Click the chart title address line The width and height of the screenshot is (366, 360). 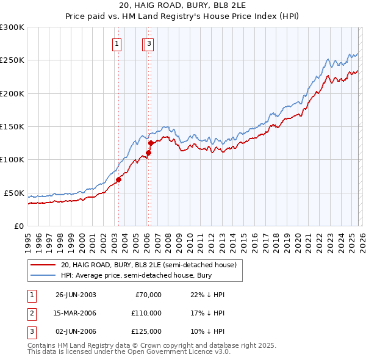(x=183, y=7)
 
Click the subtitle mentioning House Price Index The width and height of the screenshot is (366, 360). (x=183, y=17)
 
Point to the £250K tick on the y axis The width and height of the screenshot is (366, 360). (x=12, y=60)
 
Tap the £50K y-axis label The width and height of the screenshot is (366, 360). (x=14, y=193)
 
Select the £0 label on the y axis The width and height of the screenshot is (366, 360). (x=18, y=226)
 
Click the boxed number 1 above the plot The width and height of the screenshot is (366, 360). (x=116, y=43)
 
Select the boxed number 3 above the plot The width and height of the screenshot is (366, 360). (x=149, y=43)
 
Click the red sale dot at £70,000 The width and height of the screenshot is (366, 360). (x=118, y=179)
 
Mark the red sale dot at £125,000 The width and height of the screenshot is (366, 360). (x=151, y=143)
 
